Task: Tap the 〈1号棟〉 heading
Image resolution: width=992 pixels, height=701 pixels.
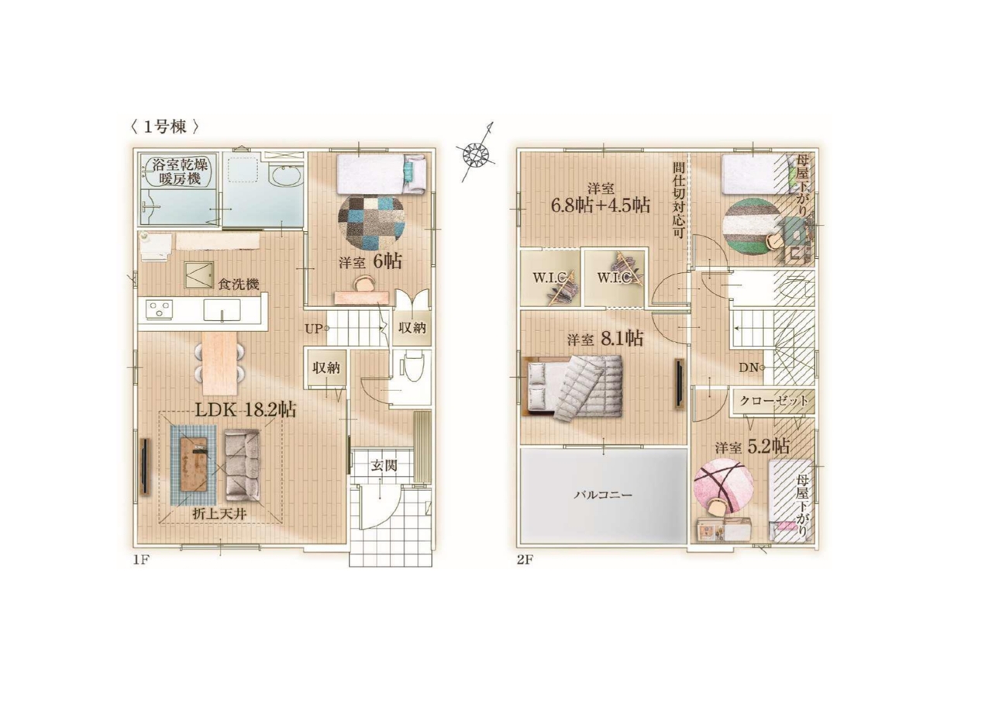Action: click(164, 128)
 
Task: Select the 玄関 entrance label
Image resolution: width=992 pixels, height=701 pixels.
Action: click(384, 465)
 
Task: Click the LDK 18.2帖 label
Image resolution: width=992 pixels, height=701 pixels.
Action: click(246, 410)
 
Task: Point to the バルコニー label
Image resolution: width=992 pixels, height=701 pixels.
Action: click(603, 495)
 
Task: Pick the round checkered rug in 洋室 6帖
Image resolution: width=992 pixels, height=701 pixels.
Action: click(371, 223)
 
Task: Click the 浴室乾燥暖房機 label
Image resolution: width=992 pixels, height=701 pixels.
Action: click(180, 172)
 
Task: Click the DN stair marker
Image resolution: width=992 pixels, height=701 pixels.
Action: click(752, 368)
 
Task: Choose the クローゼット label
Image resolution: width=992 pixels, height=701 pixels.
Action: click(773, 402)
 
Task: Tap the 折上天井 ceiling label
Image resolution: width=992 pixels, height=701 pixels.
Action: click(219, 514)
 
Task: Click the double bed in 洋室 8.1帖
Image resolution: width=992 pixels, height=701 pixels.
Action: click(573, 385)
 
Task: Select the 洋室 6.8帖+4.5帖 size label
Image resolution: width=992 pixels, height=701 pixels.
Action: click(601, 199)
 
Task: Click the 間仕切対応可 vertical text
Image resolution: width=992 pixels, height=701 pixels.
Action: click(678, 201)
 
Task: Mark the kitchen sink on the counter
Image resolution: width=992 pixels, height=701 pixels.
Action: click(222, 309)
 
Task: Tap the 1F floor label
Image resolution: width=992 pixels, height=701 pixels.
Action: click(141, 560)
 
